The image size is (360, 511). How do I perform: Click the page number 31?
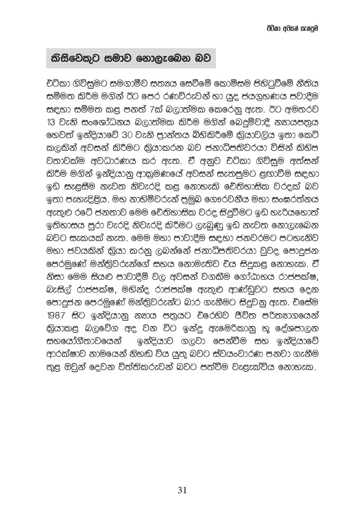182,490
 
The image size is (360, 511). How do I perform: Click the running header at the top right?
292,29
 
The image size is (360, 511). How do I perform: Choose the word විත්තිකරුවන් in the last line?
133,367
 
